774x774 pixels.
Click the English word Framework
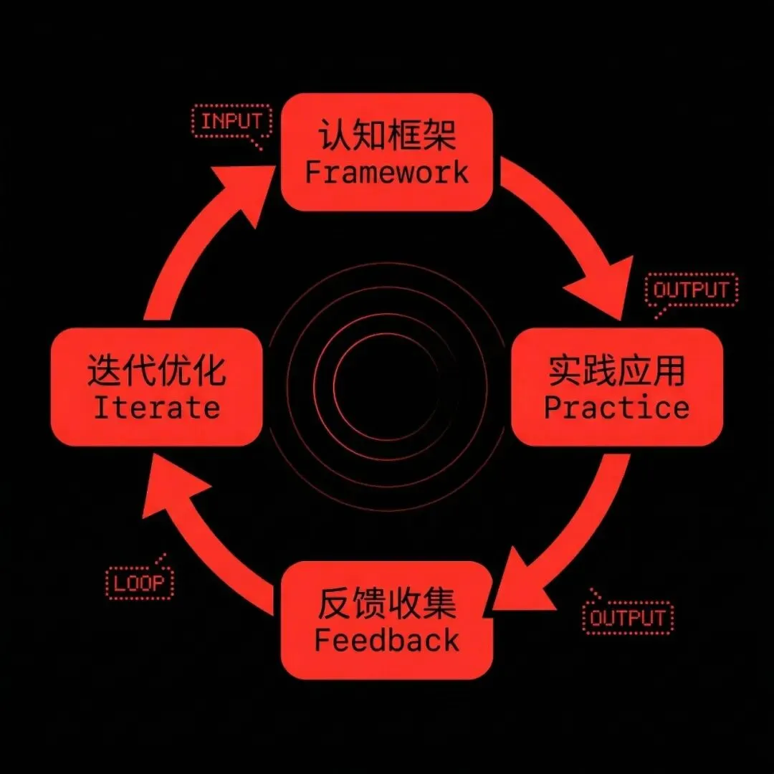pyautogui.click(x=386, y=173)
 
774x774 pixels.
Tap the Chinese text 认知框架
pyautogui.click(x=386, y=135)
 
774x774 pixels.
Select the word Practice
pyautogui.click(x=616, y=407)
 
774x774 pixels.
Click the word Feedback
pyautogui.click(x=386, y=640)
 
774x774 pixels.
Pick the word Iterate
pyautogui.click(x=156, y=407)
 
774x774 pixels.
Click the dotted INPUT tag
pyautogui.click(x=231, y=122)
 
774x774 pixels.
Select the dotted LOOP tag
pyautogui.click(x=139, y=583)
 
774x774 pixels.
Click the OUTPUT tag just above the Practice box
pyautogui.click(x=691, y=290)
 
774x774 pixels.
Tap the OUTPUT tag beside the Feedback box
pyautogui.click(x=629, y=618)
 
